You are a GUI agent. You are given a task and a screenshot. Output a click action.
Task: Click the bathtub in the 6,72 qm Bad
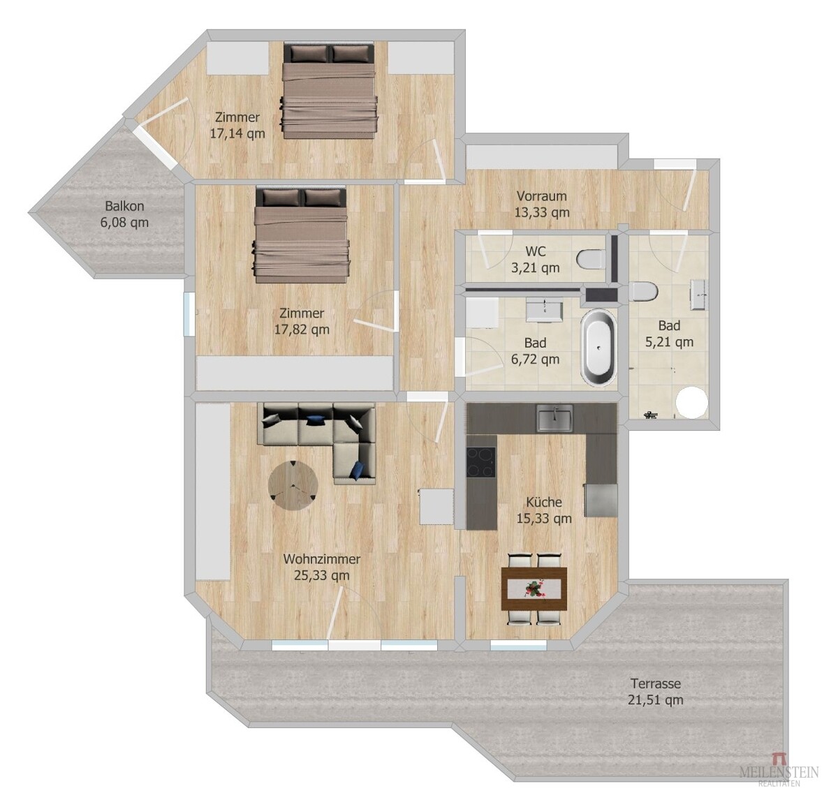598,348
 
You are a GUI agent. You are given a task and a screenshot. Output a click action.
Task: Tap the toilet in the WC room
591,260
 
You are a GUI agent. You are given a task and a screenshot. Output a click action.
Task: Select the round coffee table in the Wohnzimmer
293,485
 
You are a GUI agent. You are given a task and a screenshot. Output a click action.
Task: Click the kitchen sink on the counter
554,417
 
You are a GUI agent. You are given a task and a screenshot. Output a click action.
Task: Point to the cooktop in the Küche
481,462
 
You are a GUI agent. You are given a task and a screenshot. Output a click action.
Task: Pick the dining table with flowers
534,588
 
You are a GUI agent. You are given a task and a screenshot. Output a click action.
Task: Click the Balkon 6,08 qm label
124,214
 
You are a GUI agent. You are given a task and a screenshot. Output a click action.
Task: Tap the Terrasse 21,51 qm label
656,691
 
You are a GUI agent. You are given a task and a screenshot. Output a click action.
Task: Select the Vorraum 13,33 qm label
542,204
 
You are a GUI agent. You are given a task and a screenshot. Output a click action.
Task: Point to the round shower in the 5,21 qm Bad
691,401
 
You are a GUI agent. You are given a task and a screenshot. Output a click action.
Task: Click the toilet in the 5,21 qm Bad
643,291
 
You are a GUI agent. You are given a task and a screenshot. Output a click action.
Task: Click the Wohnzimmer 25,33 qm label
322,567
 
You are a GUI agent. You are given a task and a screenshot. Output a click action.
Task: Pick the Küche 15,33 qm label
544,510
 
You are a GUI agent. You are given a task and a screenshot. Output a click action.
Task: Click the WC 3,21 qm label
535,259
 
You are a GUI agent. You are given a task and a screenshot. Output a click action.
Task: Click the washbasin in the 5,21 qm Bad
699,294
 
